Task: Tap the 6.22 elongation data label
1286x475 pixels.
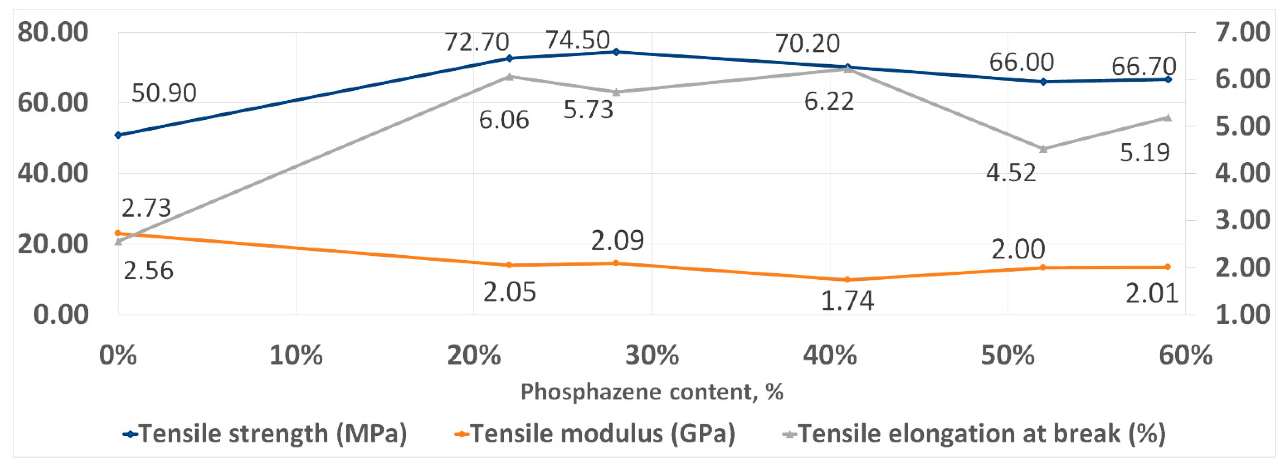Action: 829,102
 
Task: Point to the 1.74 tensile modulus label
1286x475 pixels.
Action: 847,301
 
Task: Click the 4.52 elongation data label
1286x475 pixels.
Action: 1011,173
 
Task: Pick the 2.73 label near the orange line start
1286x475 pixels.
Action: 146,208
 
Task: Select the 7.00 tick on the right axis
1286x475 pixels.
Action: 1242,33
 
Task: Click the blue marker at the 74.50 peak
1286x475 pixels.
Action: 616,52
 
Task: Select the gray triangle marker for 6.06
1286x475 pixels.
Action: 509,76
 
